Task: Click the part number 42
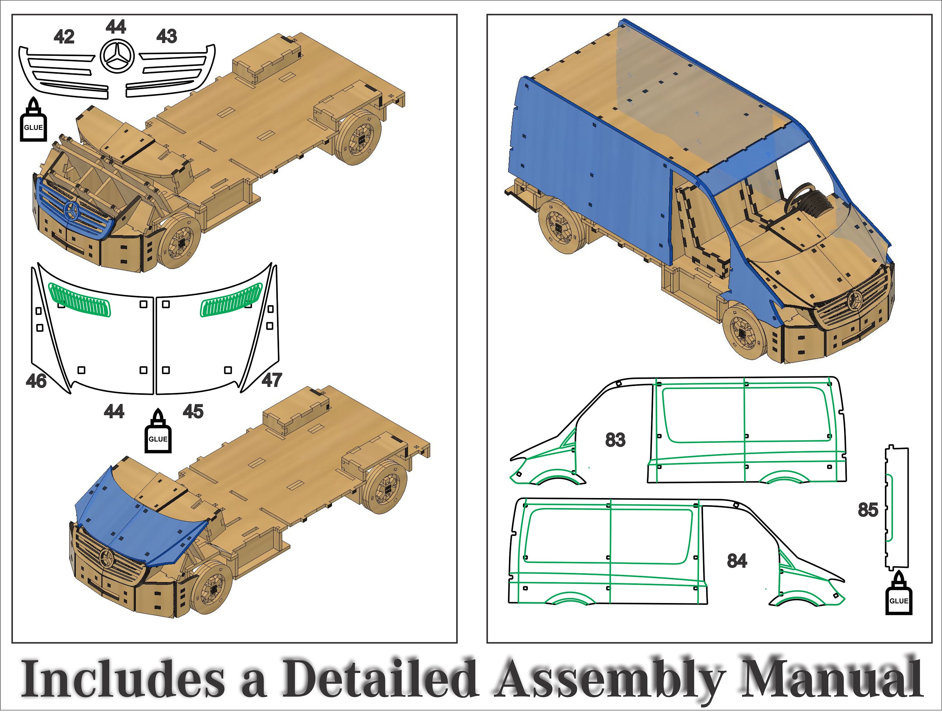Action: [64, 37]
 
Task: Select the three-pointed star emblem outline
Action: [117, 56]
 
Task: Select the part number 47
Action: [272, 380]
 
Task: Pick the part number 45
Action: [193, 411]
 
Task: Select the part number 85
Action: [868, 510]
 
